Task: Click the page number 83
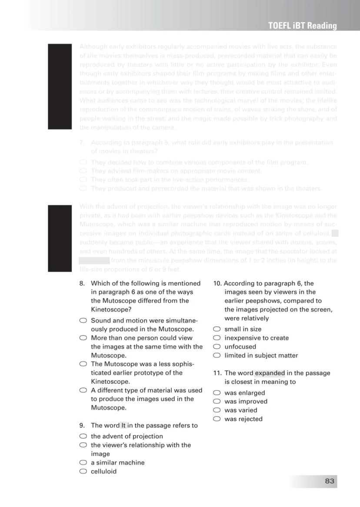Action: (329, 481)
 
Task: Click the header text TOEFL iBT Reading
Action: (302, 26)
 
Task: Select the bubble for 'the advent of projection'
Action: (83, 436)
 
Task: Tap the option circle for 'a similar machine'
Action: (83, 462)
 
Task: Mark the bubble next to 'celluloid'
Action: (83, 471)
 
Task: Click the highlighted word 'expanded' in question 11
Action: (270, 373)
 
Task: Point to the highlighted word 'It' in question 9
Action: (123, 425)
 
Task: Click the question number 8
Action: (82, 283)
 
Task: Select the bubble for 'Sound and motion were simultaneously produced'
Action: (83, 320)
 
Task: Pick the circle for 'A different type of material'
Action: (83, 390)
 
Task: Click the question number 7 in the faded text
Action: (81, 143)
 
